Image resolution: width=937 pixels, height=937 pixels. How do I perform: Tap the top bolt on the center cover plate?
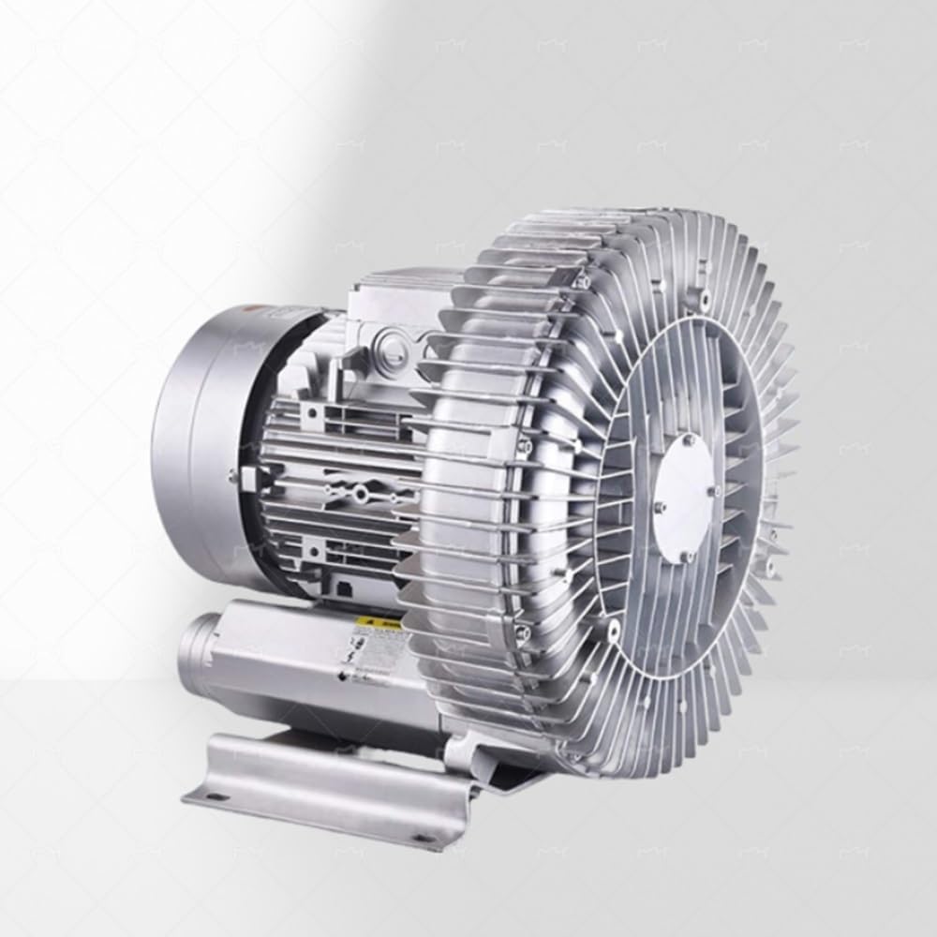tap(690, 438)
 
